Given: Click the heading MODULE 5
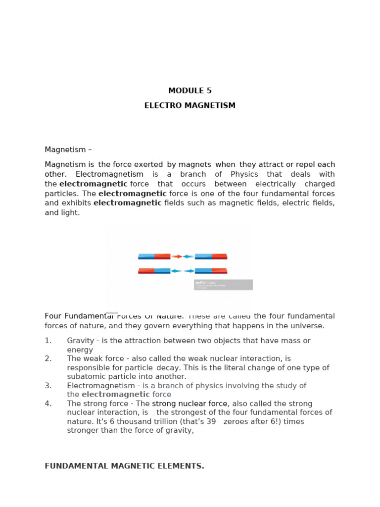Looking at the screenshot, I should point(190,91).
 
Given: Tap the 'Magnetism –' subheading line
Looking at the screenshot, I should point(68,150).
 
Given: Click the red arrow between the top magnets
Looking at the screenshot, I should point(177,256).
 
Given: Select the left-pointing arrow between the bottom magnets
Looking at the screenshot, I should point(176,271).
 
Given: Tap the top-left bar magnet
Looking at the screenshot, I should point(154,256).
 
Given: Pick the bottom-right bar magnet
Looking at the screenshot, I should point(211,271).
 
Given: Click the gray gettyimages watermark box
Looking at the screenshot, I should point(223,285).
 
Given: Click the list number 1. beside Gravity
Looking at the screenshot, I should point(48,341).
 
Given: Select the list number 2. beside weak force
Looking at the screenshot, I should point(48,358).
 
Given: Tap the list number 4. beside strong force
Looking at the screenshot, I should point(48,404).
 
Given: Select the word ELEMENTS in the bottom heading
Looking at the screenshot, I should point(182,466).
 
